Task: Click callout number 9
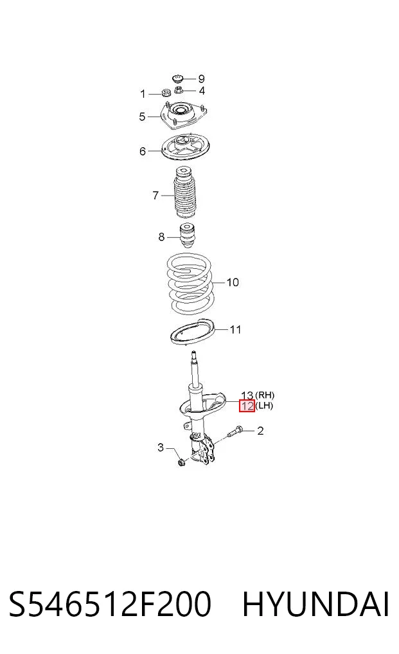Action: coord(201,78)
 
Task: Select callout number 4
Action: coord(202,91)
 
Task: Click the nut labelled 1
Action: coord(166,93)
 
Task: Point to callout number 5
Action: coord(142,117)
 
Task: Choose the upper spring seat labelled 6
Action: coord(186,148)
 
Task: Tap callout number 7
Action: coord(155,195)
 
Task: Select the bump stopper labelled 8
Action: coord(188,235)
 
